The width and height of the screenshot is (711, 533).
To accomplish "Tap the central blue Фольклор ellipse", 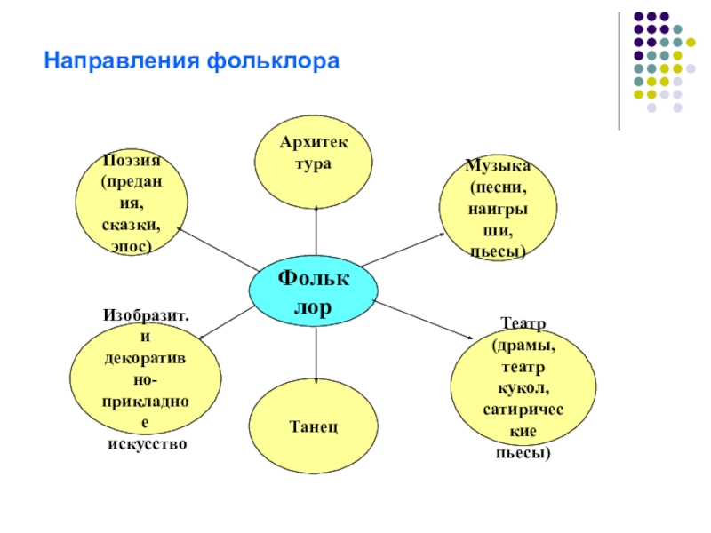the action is (x=314, y=292).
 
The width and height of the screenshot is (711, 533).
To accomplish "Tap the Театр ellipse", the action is (x=522, y=387).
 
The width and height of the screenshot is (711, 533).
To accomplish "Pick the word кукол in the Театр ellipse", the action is (x=523, y=389).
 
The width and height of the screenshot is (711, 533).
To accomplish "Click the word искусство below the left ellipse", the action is (x=146, y=442).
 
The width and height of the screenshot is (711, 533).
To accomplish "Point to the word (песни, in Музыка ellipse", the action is (x=498, y=188).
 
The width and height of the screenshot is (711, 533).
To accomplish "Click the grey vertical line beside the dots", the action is (x=619, y=71).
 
